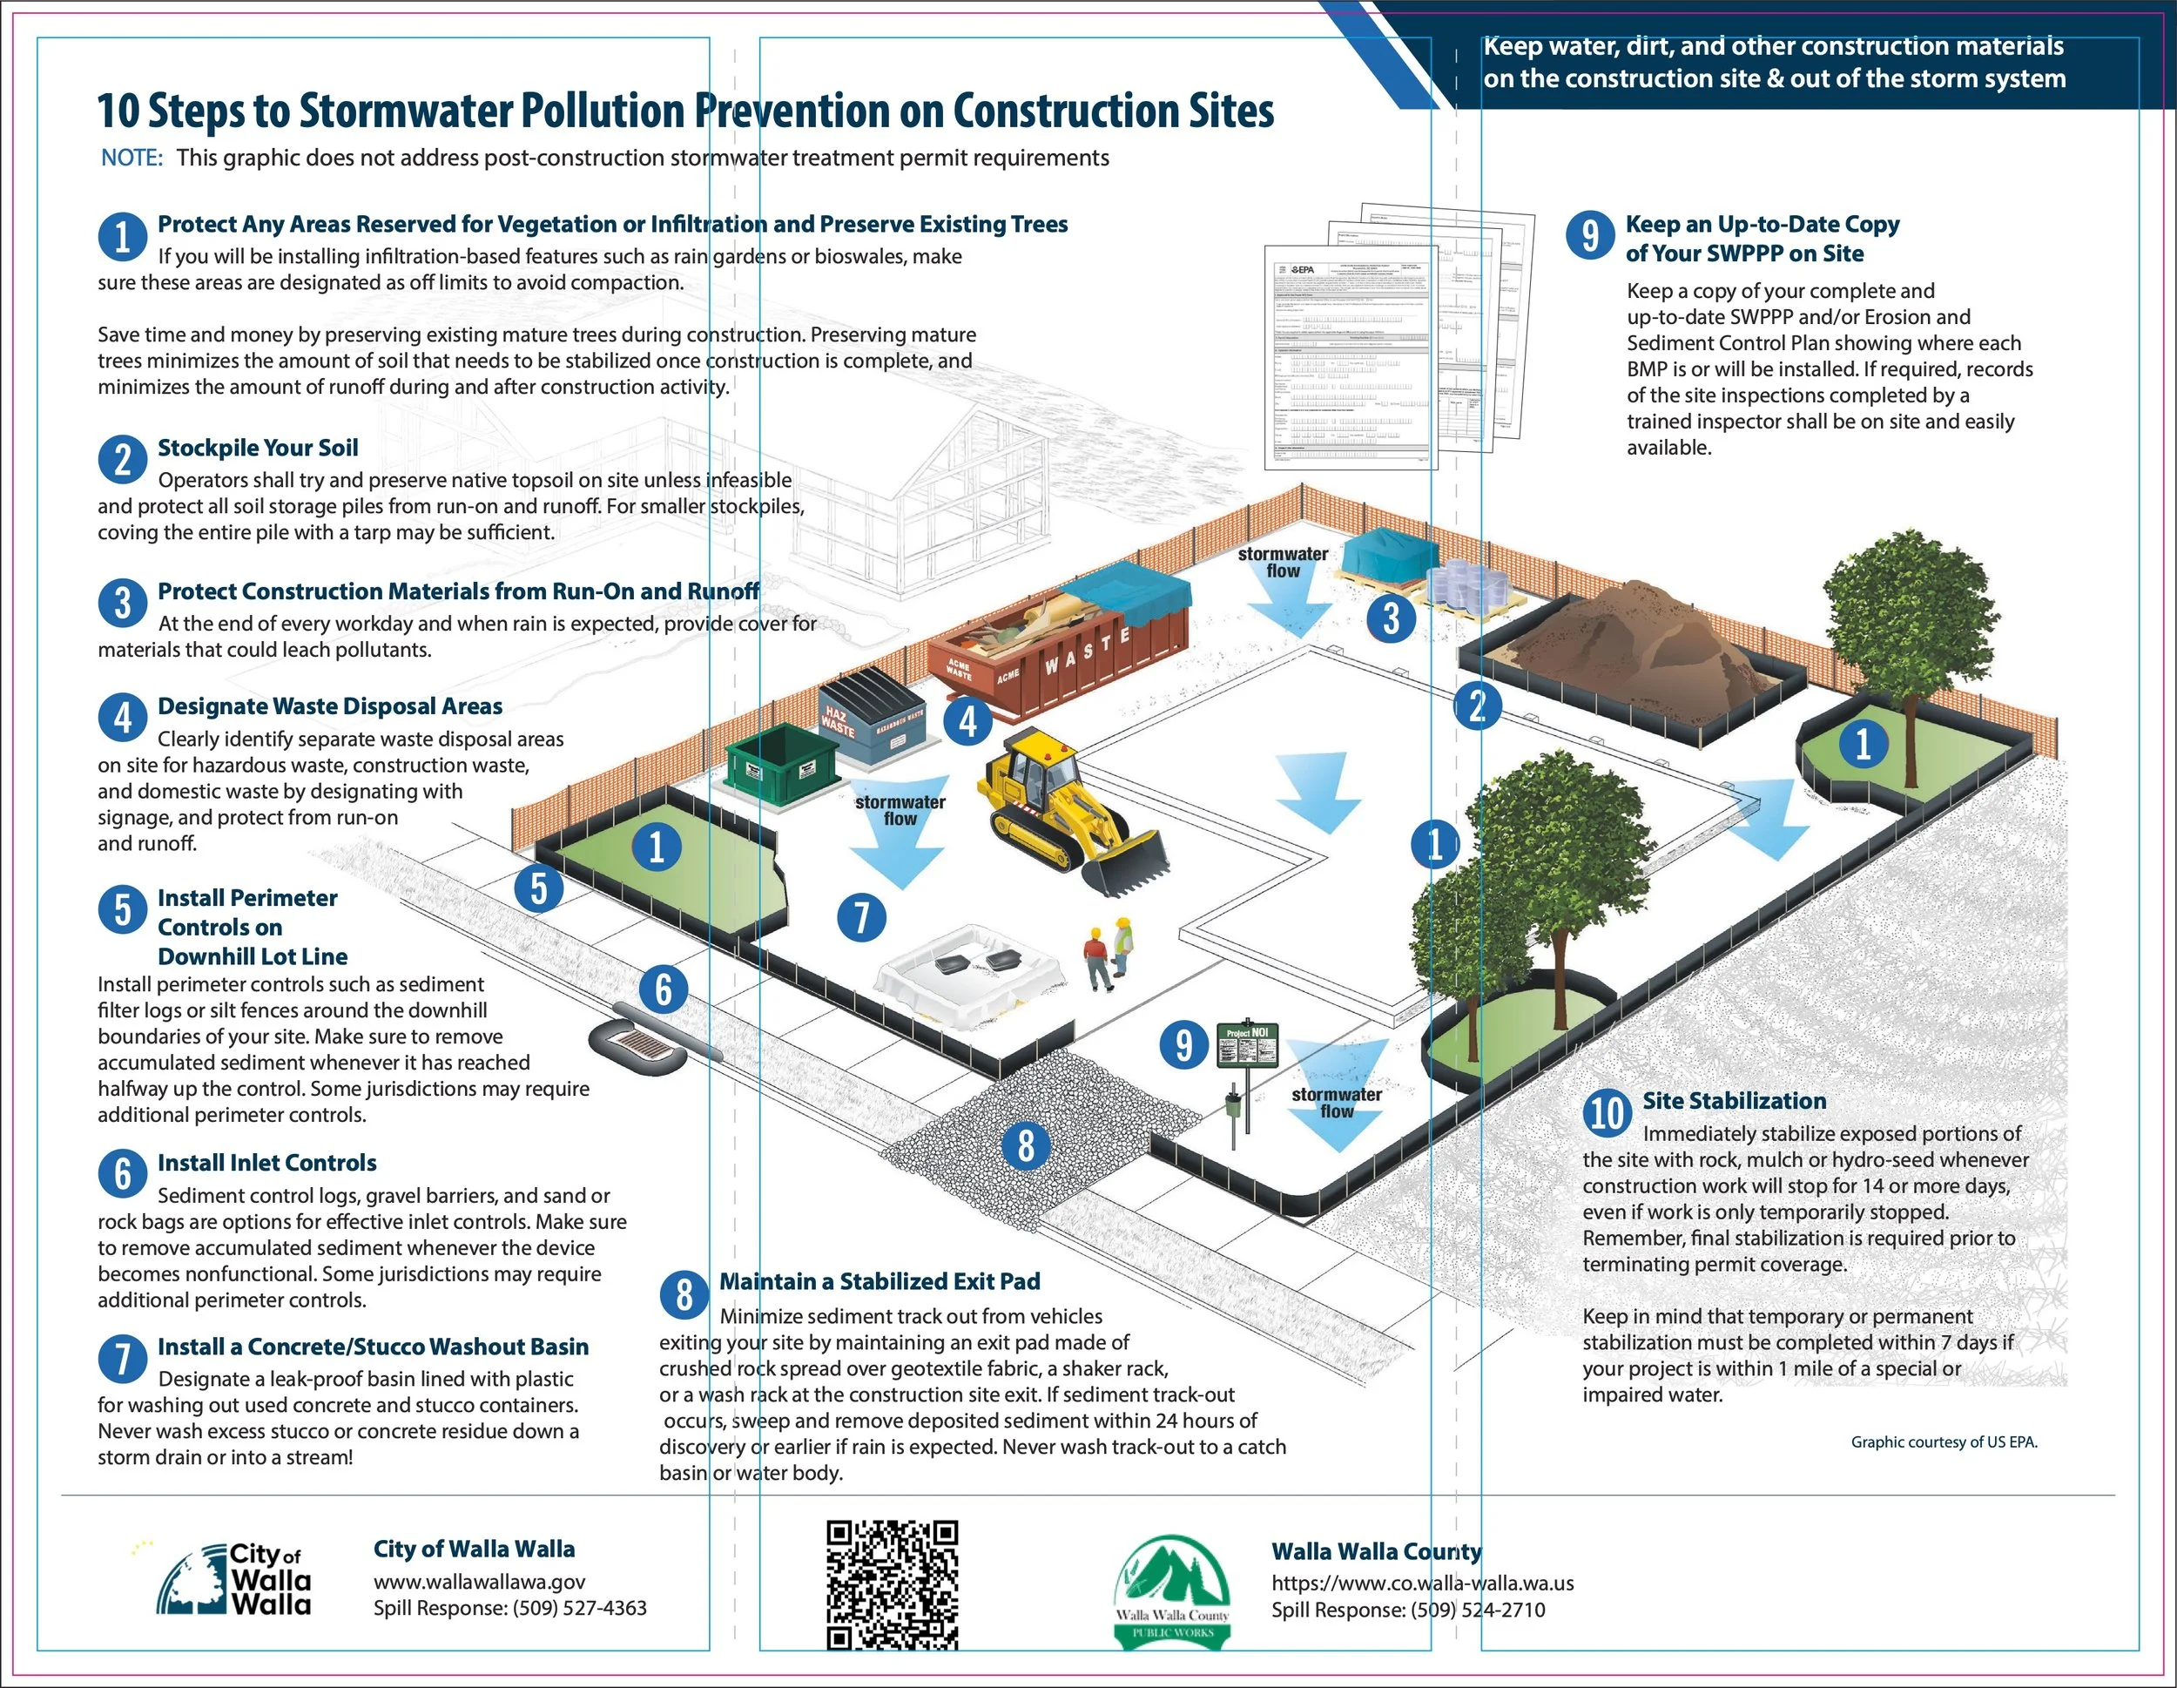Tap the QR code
(892, 1584)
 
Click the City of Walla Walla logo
(234, 1579)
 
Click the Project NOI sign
(1247, 1045)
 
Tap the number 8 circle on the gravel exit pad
(1026, 1145)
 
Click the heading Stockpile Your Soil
(257, 448)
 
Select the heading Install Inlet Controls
(266, 1163)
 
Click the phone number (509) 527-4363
(579, 1608)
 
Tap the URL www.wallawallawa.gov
(480, 1582)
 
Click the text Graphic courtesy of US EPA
(1944, 1442)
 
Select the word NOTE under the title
(131, 158)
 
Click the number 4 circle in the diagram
(967, 719)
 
